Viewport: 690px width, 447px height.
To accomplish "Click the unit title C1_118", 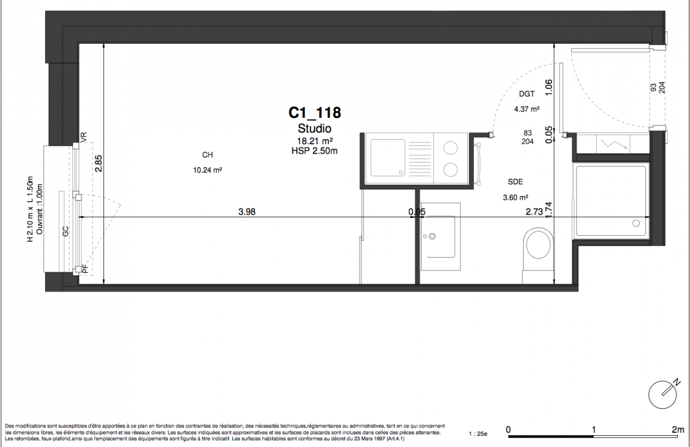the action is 314,113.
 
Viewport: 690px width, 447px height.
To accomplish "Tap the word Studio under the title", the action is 314,129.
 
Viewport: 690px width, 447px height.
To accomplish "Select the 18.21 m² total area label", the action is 314,141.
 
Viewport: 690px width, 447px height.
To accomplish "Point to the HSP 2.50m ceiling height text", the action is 314,151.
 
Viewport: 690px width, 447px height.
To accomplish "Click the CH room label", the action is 207,155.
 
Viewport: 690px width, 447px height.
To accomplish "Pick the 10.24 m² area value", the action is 208,170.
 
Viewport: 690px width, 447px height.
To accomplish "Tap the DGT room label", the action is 527,94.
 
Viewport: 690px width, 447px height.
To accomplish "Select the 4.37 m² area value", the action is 526,109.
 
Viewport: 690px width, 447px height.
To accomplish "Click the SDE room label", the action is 515,182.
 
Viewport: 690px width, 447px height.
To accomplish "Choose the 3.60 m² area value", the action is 516,197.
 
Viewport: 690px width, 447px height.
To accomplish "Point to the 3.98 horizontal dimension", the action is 247,212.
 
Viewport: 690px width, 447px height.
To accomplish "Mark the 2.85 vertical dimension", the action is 99,163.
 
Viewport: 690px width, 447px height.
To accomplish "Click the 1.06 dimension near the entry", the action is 549,88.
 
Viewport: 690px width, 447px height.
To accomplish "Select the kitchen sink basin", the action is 388,158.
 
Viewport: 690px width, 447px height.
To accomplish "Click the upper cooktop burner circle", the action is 451,148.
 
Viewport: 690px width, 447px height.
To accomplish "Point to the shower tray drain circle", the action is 636,223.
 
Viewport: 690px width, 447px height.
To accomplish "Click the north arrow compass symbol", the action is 663,394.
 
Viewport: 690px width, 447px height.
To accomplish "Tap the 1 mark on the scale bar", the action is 593,429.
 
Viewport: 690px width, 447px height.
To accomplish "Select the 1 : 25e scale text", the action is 478,434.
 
